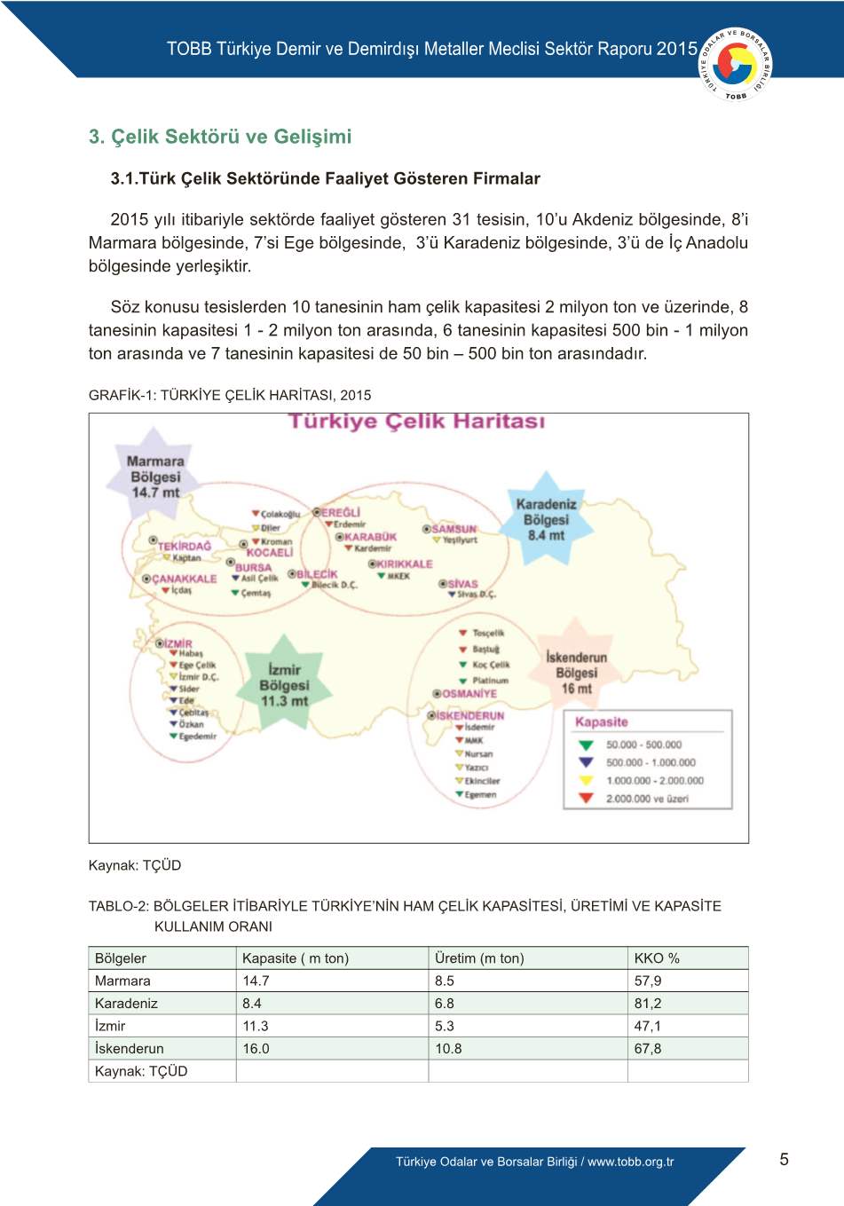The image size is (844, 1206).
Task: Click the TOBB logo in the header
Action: pos(736,64)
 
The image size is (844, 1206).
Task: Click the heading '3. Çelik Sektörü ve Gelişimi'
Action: pos(220,137)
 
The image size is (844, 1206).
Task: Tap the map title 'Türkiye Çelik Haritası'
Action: pos(416,422)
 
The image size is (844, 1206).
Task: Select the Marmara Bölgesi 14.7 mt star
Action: pos(155,476)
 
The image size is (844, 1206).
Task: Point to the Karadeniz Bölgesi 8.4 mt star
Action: pos(546,519)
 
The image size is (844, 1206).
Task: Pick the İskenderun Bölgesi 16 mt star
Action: pos(576,672)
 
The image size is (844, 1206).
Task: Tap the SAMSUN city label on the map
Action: pos(454,529)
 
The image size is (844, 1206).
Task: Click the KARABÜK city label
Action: pos(370,537)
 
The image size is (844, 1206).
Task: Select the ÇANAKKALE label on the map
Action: pos(184,579)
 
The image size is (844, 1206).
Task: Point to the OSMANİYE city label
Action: pos(469,693)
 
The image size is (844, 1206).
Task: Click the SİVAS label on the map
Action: pos(462,584)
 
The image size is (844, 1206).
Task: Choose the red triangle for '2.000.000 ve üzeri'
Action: pos(586,799)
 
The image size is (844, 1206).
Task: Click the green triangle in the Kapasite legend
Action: pos(586,745)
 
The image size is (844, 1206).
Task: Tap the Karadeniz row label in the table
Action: pos(126,1004)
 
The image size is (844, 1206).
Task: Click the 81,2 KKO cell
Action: pos(648,1004)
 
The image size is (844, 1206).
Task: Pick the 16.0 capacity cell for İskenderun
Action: pos(256,1049)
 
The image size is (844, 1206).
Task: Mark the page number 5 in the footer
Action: pos(784,1159)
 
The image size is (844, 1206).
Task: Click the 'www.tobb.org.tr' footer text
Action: pos(630,1162)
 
